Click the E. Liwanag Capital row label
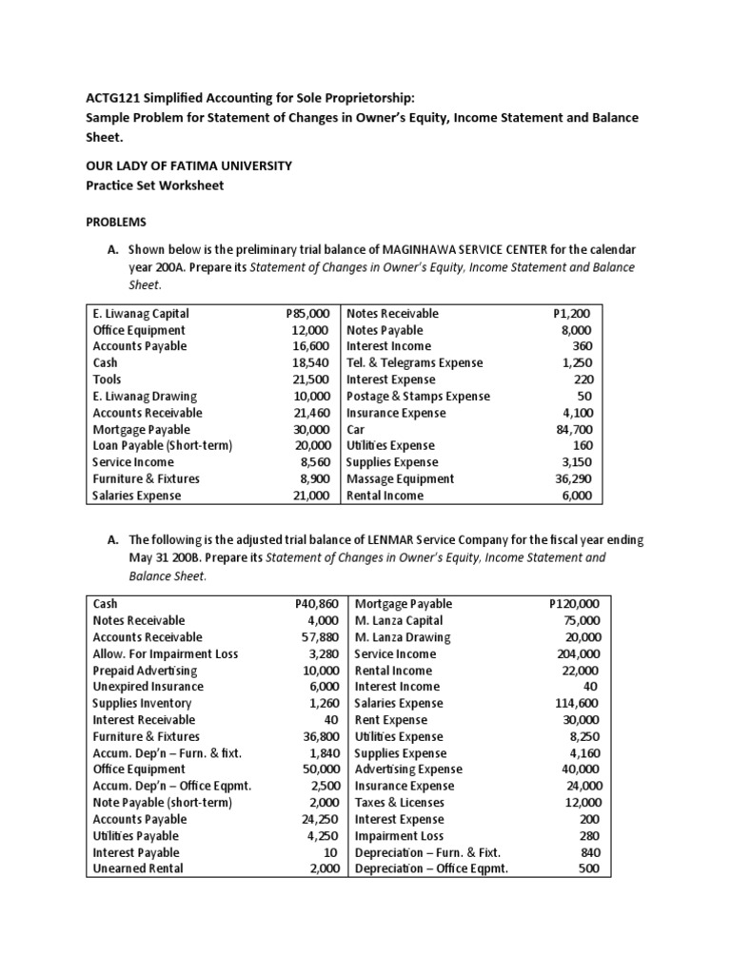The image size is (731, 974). click(x=141, y=313)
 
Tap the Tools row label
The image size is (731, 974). click(x=108, y=380)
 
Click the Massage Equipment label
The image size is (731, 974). click(x=400, y=478)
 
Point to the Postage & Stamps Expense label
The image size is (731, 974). click(x=418, y=396)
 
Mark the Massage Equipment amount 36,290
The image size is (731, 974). click(x=574, y=478)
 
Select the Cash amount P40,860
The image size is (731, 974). click(x=315, y=604)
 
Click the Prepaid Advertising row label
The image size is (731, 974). click(x=146, y=671)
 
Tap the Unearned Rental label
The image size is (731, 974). click(x=138, y=868)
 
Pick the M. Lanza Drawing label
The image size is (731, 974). click(x=403, y=637)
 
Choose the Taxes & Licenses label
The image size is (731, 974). click(x=399, y=803)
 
